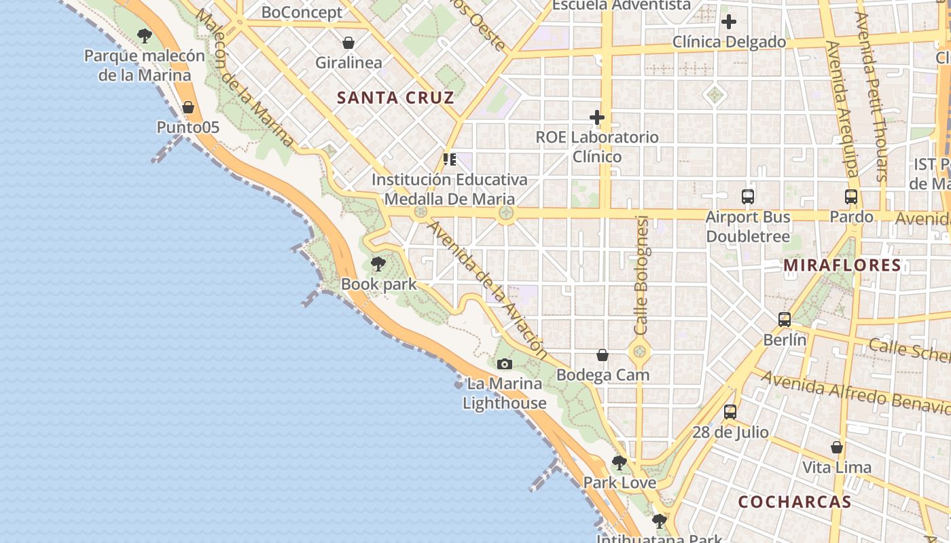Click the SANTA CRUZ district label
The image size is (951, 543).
point(395,98)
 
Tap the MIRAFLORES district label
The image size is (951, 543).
point(842,265)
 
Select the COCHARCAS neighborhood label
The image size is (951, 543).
point(794,502)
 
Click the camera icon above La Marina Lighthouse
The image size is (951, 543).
point(504,364)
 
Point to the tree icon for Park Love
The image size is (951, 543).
point(619,463)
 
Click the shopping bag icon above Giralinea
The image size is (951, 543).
point(348,43)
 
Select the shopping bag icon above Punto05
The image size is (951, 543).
point(188,107)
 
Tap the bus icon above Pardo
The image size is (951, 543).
point(851,197)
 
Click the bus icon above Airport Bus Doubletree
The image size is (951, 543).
point(748,197)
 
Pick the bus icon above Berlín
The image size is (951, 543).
point(785,320)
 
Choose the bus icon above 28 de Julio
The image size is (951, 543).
point(730,412)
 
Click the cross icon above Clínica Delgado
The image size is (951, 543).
point(729,22)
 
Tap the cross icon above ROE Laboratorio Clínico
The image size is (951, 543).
point(597,117)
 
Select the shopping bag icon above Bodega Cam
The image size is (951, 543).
point(603,355)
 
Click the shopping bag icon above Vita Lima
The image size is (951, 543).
point(837,447)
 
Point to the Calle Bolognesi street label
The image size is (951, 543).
point(641,275)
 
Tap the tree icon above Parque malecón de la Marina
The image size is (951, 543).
point(144,35)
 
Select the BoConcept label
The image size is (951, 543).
point(302,12)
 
